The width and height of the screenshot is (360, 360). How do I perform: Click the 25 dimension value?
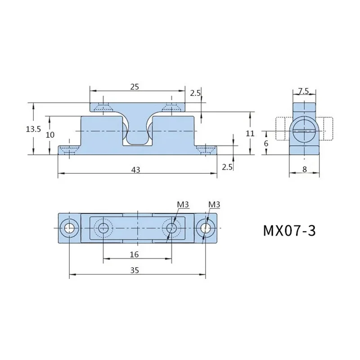pos(135,87)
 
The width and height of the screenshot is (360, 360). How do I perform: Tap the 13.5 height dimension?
pos(33,129)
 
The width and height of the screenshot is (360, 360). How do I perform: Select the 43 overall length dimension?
pos(135,170)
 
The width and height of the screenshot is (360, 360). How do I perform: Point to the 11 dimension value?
pos(250,133)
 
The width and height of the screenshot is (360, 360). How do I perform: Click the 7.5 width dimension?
pos(303,91)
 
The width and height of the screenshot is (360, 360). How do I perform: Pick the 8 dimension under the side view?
pos(305,170)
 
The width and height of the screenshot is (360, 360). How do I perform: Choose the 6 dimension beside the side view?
pos(266,144)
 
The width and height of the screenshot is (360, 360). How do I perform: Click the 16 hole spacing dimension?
pos(134,254)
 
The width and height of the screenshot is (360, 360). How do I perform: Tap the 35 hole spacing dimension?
pos(135,270)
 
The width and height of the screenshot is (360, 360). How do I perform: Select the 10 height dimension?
pos(50,135)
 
